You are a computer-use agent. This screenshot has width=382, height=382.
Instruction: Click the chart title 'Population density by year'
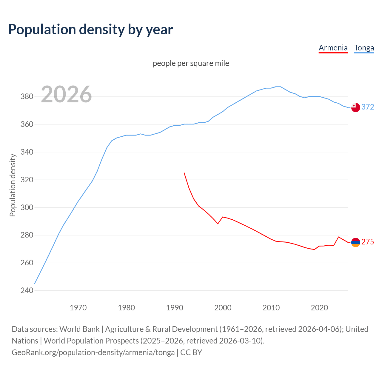click(90, 30)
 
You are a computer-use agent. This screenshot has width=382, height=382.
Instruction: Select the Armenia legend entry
click(333, 48)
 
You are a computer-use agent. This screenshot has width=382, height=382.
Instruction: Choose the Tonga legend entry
click(364, 48)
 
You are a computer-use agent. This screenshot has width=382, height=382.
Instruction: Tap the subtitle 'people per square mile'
click(191, 63)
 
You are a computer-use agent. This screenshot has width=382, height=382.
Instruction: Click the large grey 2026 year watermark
click(66, 94)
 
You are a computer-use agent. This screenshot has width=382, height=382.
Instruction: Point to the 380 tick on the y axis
click(27, 97)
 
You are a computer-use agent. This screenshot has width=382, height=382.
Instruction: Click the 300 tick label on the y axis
click(27, 207)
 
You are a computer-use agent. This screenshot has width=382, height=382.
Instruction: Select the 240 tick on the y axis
click(27, 290)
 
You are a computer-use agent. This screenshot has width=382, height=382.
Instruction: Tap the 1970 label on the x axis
click(78, 307)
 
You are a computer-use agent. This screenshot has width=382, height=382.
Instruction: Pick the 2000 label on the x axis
click(223, 307)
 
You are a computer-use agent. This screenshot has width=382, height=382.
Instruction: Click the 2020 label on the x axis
click(319, 307)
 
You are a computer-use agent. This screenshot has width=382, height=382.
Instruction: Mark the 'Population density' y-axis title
click(13, 185)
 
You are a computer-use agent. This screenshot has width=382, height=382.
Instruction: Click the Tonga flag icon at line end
click(355, 107)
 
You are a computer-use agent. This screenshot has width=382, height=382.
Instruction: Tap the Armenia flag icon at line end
click(355, 242)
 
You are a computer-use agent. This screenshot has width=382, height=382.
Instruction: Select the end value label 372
click(368, 107)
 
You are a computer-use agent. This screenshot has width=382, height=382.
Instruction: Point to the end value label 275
click(368, 242)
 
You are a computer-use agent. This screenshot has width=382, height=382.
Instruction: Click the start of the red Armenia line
click(184, 173)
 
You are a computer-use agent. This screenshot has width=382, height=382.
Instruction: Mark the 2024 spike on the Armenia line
click(338, 237)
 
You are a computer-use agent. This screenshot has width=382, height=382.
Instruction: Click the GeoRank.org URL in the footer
click(93, 352)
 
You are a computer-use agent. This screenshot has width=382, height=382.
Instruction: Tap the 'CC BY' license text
click(191, 352)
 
